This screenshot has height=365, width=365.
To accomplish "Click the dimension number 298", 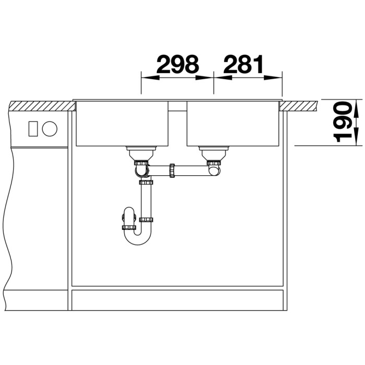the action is click(x=178, y=64).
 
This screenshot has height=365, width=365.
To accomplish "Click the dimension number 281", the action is click(x=244, y=64).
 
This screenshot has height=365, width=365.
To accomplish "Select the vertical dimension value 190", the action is click(x=342, y=121).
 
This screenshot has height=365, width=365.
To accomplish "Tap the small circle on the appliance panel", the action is click(x=50, y=129).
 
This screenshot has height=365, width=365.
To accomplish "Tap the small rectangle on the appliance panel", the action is click(x=33, y=129).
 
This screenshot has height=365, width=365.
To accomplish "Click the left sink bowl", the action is click(x=122, y=124).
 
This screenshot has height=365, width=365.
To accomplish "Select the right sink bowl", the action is click(x=233, y=124).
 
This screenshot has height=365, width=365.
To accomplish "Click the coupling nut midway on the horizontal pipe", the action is click(x=172, y=171).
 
